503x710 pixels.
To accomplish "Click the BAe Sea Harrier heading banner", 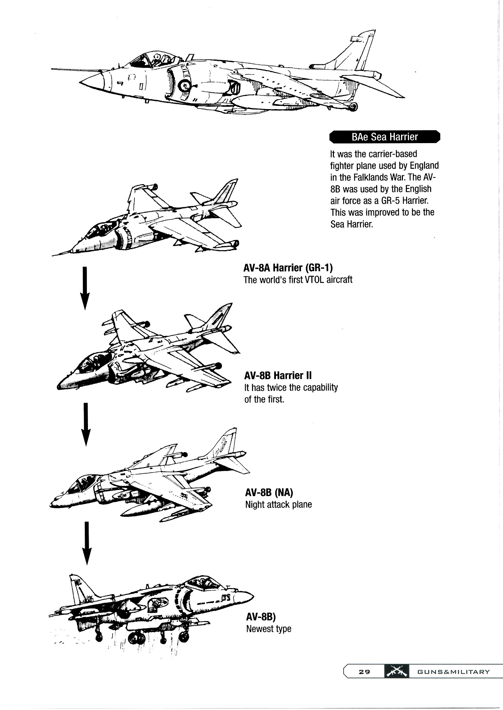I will coord(384,137).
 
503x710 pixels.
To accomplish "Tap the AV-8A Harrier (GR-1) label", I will coord(288,268).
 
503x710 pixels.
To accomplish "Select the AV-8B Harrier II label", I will coord(278,376).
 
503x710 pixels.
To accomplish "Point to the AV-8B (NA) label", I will coord(269,493).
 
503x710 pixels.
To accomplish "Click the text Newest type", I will coord(268,628).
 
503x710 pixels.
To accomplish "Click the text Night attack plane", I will coord(278,505).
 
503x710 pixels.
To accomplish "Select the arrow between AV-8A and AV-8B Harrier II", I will coord(85,288).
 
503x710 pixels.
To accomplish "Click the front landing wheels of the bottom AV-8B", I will coord(184,636).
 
